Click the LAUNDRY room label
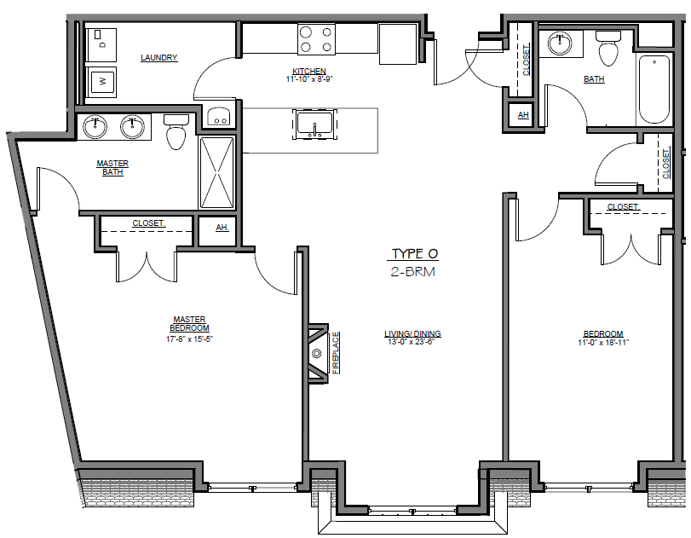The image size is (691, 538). pyautogui.click(x=159, y=58)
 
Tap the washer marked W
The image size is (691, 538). pyautogui.click(x=103, y=83)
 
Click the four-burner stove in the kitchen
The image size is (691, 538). pyautogui.click(x=316, y=38)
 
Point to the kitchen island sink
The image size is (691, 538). pyautogui.click(x=314, y=124)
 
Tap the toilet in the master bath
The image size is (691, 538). pyautogui.click(x=176, y=132)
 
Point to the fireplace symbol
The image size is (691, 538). pyautogui.click(x=318, y=353)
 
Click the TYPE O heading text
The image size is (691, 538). pyautogui.click(x=414, y=254)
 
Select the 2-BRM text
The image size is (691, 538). pyautogui.click(x=414, y=272)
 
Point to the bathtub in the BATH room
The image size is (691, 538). pyautogui.click(x=654, y=90)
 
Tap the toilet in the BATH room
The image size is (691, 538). pyautogui.click(x=608, y=49)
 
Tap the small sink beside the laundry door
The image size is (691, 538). pyautogui.click(x=220, y=117)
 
